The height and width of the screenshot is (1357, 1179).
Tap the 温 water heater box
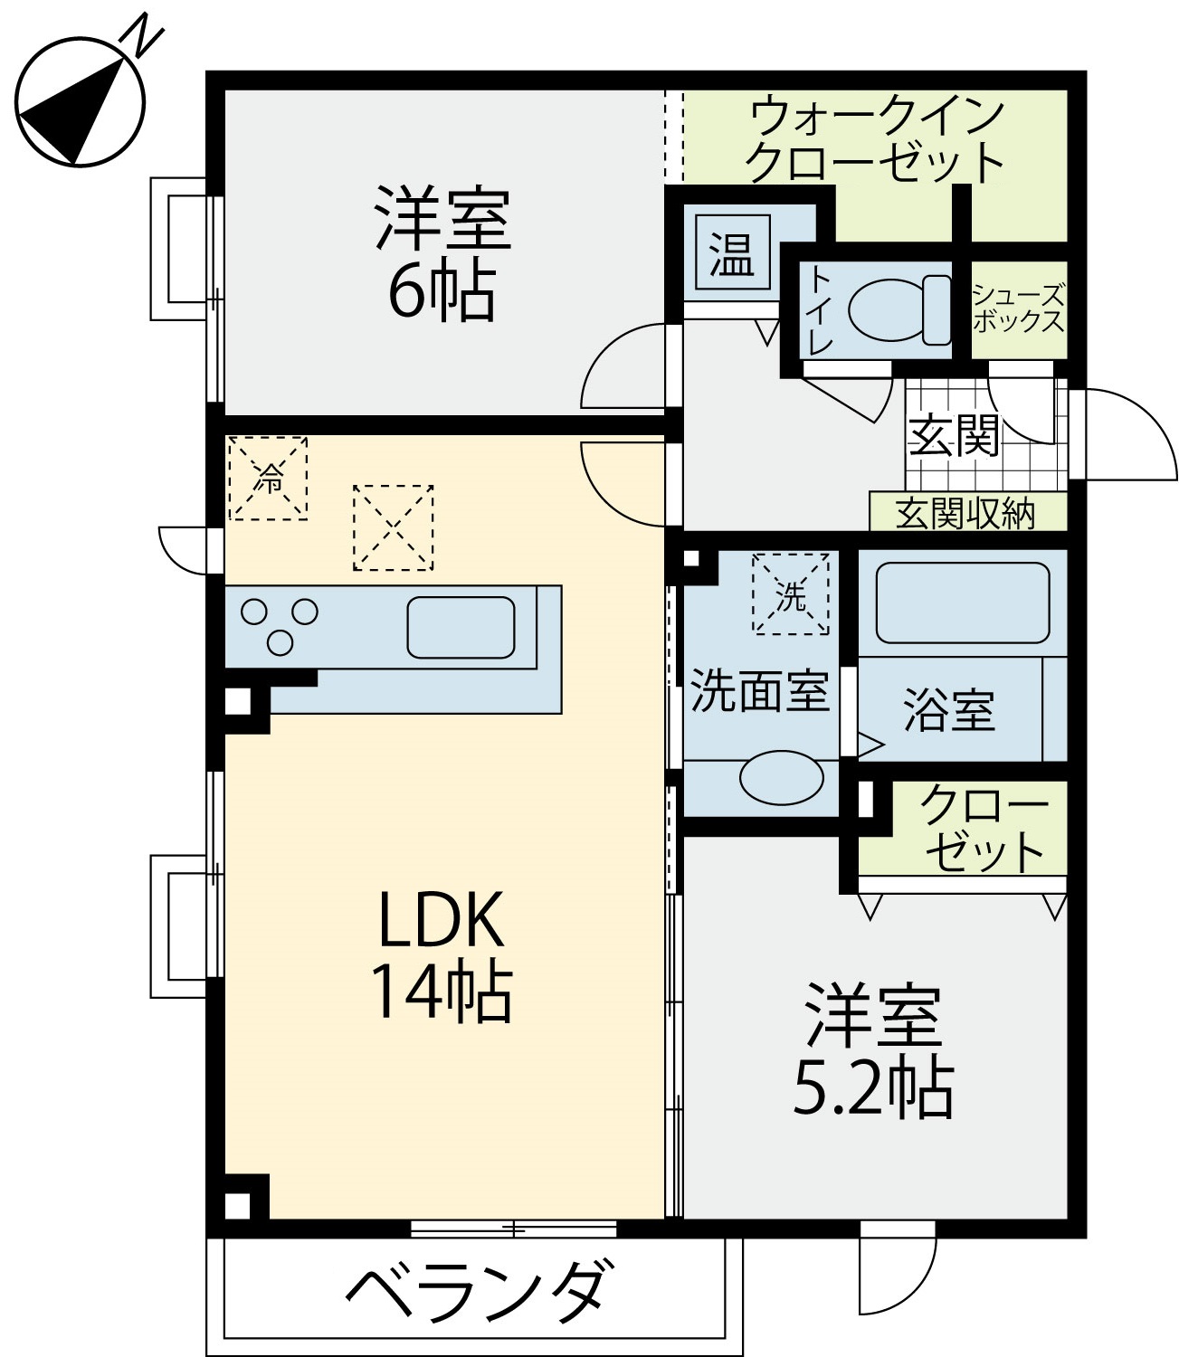click(732, 252)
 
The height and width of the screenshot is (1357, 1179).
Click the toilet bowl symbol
click(899, 310)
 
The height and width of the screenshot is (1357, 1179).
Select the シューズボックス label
click(1019, 307)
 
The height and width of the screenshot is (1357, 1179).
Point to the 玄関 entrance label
click(954, 435)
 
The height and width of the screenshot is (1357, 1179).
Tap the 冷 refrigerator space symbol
click(268, 478)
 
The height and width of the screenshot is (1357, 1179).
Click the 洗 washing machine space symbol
click(791, 593)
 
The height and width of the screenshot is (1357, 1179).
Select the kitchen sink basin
click(461, 628)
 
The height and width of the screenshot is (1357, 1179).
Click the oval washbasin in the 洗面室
click(781, 778)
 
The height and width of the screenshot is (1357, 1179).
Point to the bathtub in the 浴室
click(963, 603)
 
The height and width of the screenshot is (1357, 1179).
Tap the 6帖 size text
click(442, 292)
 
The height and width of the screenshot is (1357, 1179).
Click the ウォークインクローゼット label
click(875, 139)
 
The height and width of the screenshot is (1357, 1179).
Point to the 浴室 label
click(949, 711)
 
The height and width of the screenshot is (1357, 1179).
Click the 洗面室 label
click(760, 691)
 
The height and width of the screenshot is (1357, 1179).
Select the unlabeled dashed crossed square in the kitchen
click(394, 528)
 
